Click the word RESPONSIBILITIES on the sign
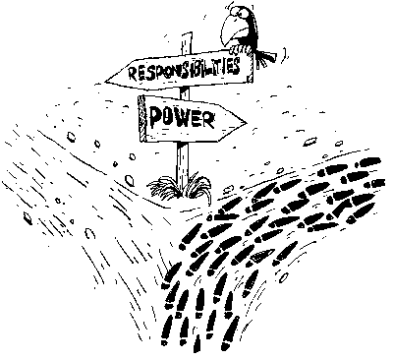tap(185, 69)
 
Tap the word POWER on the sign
tap(182, 118)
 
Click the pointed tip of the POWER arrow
tap(246, 123)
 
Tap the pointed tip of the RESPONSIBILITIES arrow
tap(106, 81)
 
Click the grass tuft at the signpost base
tap(180, 188)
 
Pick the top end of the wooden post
tap(186, 34)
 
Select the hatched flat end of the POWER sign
tap(141, 119)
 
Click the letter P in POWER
tap(155, 117)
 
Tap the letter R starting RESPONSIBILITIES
tap(132, 74)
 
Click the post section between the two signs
tap(185, 92)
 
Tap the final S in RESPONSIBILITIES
tap(237, 65)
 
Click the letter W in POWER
tap(183, 119)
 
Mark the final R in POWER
tap(209, 120)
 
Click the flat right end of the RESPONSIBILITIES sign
tap(251, 66)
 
